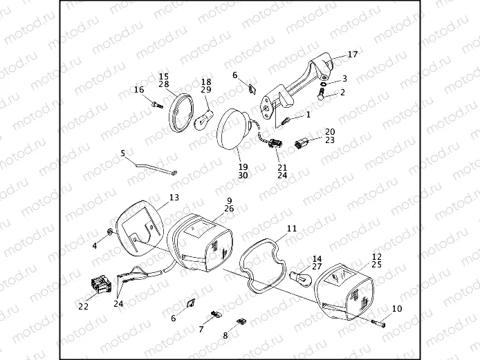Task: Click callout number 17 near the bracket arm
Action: point(352,55)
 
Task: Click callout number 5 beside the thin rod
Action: point(123,153)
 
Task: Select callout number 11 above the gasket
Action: point(292,228)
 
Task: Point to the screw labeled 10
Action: point(379,321)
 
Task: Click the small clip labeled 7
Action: point(214,315)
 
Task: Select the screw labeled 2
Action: point(322,93)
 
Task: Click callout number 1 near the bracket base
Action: point(308,115)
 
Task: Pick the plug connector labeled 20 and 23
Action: point(302,144)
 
